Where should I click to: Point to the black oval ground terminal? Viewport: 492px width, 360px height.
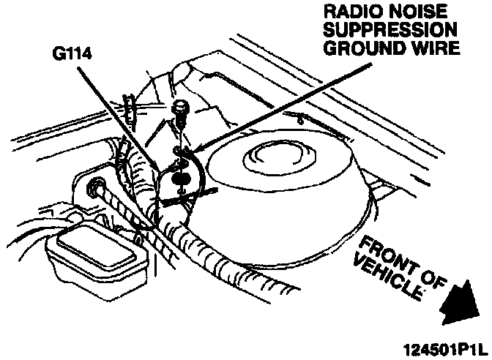(179, 176)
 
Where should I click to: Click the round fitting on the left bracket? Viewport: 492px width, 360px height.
(94, 190)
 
